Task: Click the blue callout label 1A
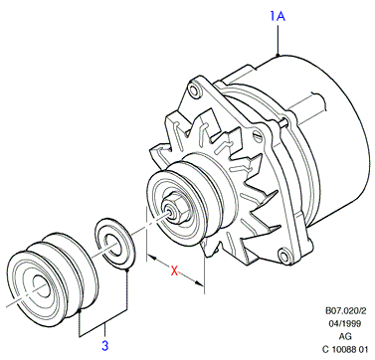pyautogui.click(x=278, y=16)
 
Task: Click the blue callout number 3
pyautogui.click(x=104, y=346)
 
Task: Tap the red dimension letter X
pyautogui.click(x=174, y=270)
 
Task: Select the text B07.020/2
pyautogui.click(x=345, y=311)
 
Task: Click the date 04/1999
pyautogui.click(x=345, y=323)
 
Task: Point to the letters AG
pyautogui.click(x=345, y=336)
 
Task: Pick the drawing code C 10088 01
pyautogui.click(x=345, y=349)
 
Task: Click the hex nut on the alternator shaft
pyautogui.click(x=177, y=212)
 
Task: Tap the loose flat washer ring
pyautogui.click(x=115, y=243)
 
